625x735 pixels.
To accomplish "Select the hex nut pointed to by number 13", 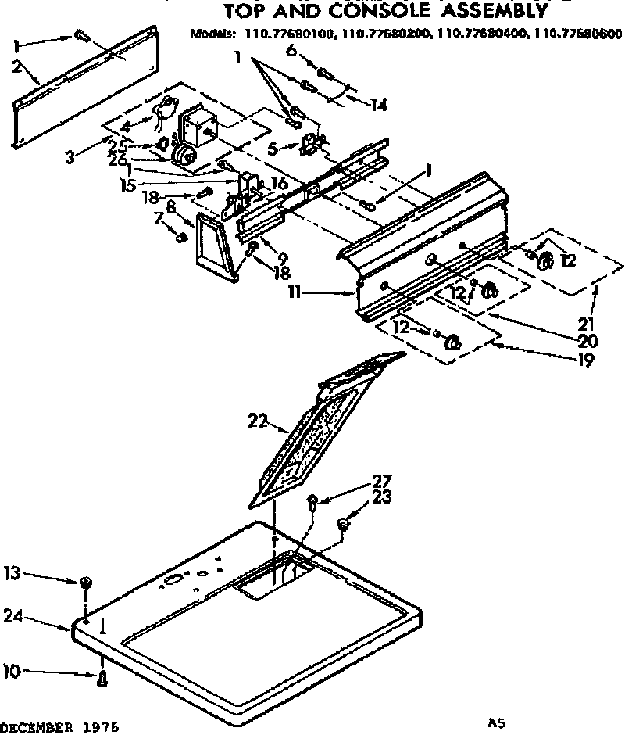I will click(x=87, y=583).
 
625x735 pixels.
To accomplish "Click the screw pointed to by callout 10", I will click(x=102, y=679).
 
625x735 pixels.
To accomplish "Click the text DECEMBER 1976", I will click(x=59, y=726).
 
